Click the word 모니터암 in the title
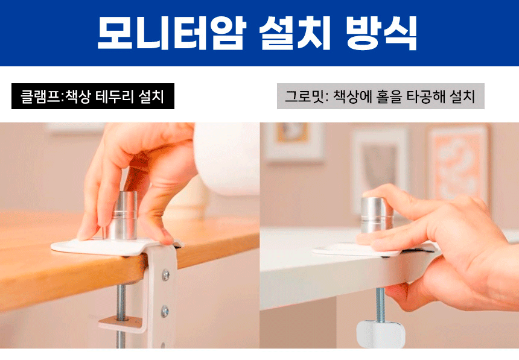coord(172,33)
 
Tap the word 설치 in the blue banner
coord(295,33)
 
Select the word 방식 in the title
coord(381,33)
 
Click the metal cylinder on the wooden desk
coord(124,215)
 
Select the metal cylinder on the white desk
coord(377,216)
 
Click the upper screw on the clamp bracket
coord(165,274)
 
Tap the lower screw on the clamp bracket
coord(165,311)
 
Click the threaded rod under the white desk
coord(380,305)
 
